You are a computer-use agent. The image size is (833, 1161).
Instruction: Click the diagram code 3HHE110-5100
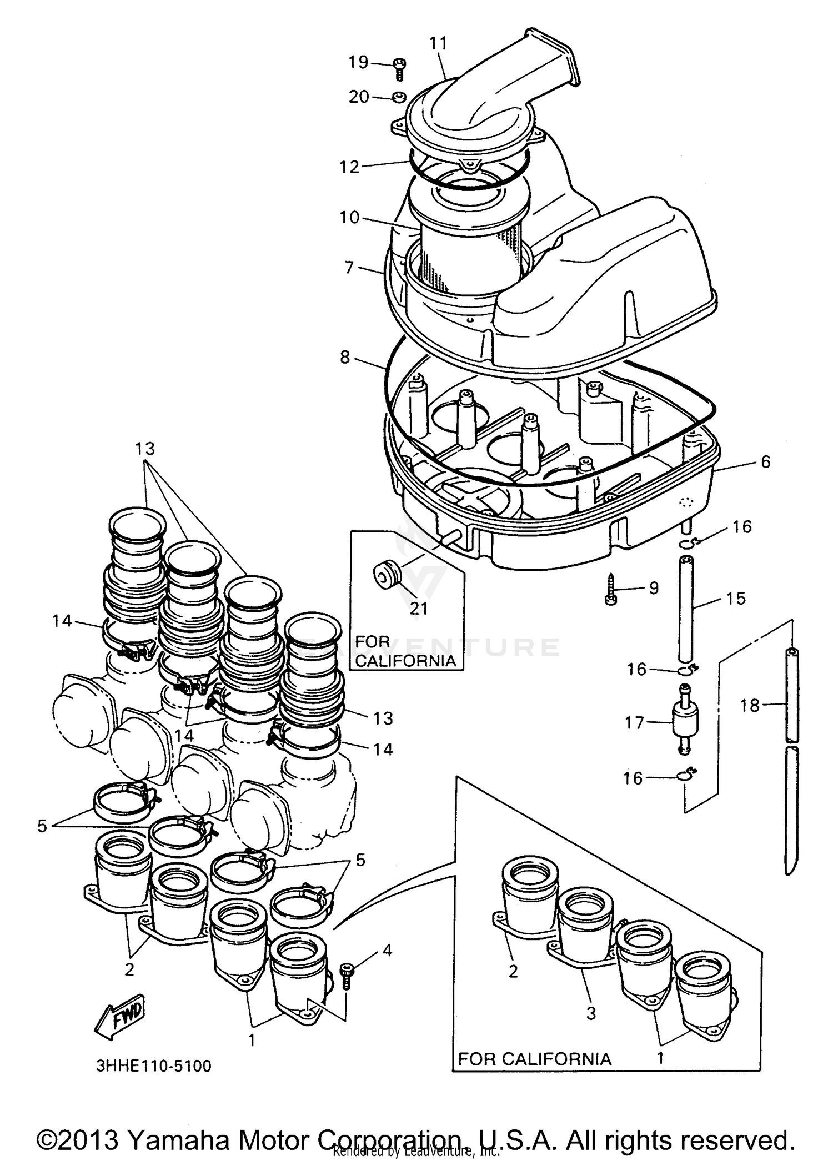(154, 1065)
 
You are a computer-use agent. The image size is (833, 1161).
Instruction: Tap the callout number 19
(359, 62)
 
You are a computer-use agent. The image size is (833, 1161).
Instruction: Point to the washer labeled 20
(399, 98)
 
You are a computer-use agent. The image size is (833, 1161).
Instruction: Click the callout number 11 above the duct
(438, 43)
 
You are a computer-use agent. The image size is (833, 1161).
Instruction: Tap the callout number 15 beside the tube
(736, 599)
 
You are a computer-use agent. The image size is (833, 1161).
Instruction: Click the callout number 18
(749, 706)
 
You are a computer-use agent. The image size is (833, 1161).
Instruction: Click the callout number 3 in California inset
(591, 1013)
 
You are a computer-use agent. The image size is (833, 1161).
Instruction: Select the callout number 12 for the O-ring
(350, 167)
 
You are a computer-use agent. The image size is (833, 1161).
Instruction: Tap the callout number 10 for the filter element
(350, 217)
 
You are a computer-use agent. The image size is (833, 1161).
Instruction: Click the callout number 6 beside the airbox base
(765, 462)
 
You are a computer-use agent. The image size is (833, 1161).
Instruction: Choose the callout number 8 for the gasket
(345, 357)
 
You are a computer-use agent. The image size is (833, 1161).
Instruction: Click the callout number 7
(349, 268)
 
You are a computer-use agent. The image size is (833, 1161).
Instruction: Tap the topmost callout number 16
(742, 526)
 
